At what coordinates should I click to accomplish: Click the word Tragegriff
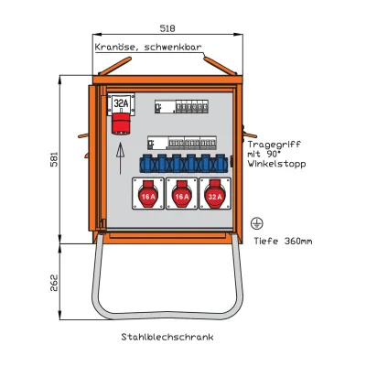coord(273,145)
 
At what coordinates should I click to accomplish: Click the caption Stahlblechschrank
coord(167,338)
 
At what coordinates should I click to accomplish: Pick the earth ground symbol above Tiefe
coord(257,222)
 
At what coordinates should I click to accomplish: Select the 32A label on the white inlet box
coord(120,102)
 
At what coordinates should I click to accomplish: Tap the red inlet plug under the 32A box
coord(120,124)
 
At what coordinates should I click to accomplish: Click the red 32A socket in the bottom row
coord(215,195)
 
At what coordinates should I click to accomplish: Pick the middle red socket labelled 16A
coord(181,195)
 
